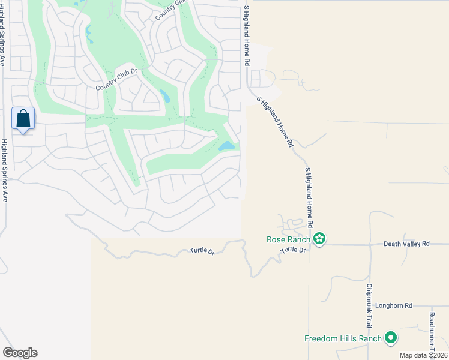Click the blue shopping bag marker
click(x=23, y=118)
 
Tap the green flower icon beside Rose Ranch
click(x=319, y=239)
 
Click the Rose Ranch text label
click(x=289, y=239)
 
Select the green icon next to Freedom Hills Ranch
click(x=391, y=338)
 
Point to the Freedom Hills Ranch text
click(x=343, y=338)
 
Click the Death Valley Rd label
click(x=407, y=244)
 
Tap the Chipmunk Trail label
click(x=369, y=305)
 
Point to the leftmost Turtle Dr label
click(x=202, y=251)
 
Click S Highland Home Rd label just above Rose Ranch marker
click(x=310, y=197)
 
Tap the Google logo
click(x=20, y=353)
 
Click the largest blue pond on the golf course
click(x=226, y=146)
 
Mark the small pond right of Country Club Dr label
click(x=164, y=95)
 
